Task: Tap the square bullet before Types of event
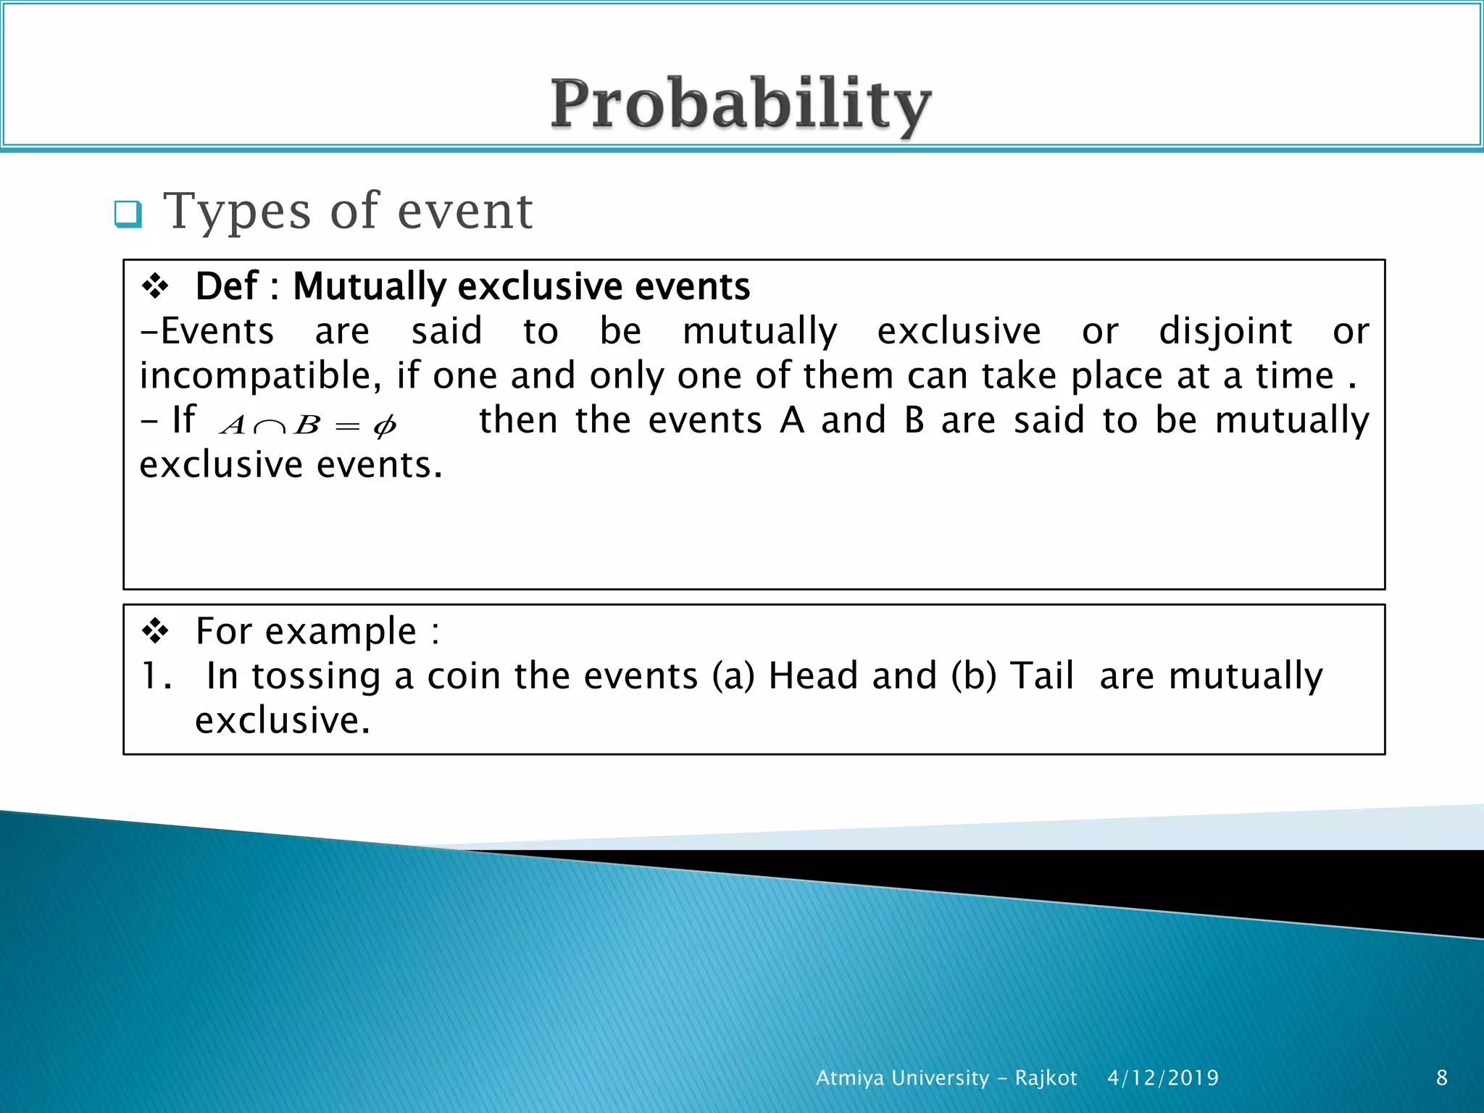tap(128, 214)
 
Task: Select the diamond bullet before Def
tap(155, 286)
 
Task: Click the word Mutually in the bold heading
tap(370, 287)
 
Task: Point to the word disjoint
tap(1225, 332)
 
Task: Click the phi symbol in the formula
tap(384, 426)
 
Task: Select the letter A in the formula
tap(233, 425)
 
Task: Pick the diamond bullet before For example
tap(155, 631)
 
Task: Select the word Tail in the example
tap(1041, 676)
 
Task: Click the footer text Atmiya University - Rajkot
tap(946, 1078)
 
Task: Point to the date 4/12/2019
tap(1162, 1078)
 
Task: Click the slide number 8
tap(1441, 1078)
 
